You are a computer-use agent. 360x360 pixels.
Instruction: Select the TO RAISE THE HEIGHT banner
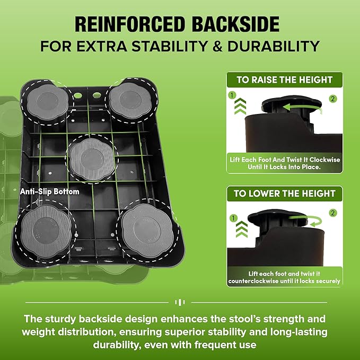(284, 80)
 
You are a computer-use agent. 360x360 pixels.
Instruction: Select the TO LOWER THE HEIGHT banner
(284, 193)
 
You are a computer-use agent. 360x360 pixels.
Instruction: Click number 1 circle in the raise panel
(231, 95)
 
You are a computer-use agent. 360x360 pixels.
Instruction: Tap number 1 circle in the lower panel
(231, 217)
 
